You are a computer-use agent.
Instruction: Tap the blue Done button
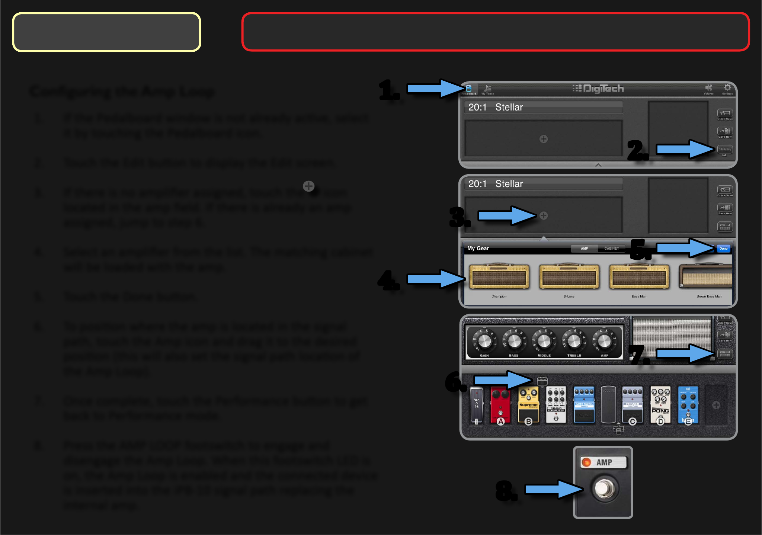(723, 249)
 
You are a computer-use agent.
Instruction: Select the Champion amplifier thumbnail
(499, 277)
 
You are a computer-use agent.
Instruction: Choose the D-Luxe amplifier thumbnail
(569, 277)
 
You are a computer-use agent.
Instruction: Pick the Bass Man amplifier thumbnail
(639, 277)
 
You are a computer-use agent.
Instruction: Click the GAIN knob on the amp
(484, 341)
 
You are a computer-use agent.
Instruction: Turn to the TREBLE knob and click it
(574, 341)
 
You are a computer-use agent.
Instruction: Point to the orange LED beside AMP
(586, 462)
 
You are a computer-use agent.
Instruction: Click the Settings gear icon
(727, 88)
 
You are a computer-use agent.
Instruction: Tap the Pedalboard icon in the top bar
(469, 89)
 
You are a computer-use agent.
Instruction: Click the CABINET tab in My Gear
(611, 249)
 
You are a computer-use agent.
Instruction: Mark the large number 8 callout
(505, 490)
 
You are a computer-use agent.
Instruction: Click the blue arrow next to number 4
(435, 279)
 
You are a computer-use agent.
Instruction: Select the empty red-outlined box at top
(495, 32)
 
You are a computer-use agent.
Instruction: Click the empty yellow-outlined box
(107, 32)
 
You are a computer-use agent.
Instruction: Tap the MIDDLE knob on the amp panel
(544, 341)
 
